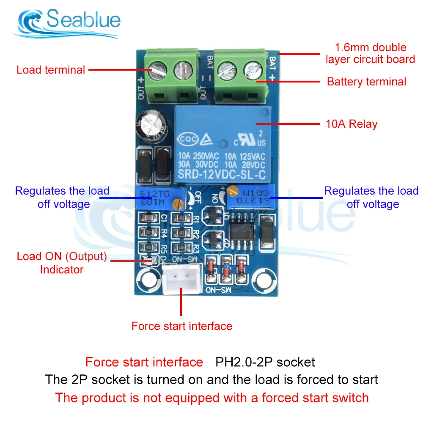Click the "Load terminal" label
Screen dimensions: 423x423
point(51,70)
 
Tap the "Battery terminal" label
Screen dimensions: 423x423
point(366,82)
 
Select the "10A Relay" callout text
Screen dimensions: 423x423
point(352,124)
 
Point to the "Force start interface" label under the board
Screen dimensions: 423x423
point(181,326)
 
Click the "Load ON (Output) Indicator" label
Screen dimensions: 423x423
point(62,263)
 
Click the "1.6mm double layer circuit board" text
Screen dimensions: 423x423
point(370,53)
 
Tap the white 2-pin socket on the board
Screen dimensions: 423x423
point(181,280)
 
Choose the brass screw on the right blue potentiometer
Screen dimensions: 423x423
point(231,191)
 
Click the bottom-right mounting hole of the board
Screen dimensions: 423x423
point(266,280)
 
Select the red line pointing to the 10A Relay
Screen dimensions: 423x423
point(288,124)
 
